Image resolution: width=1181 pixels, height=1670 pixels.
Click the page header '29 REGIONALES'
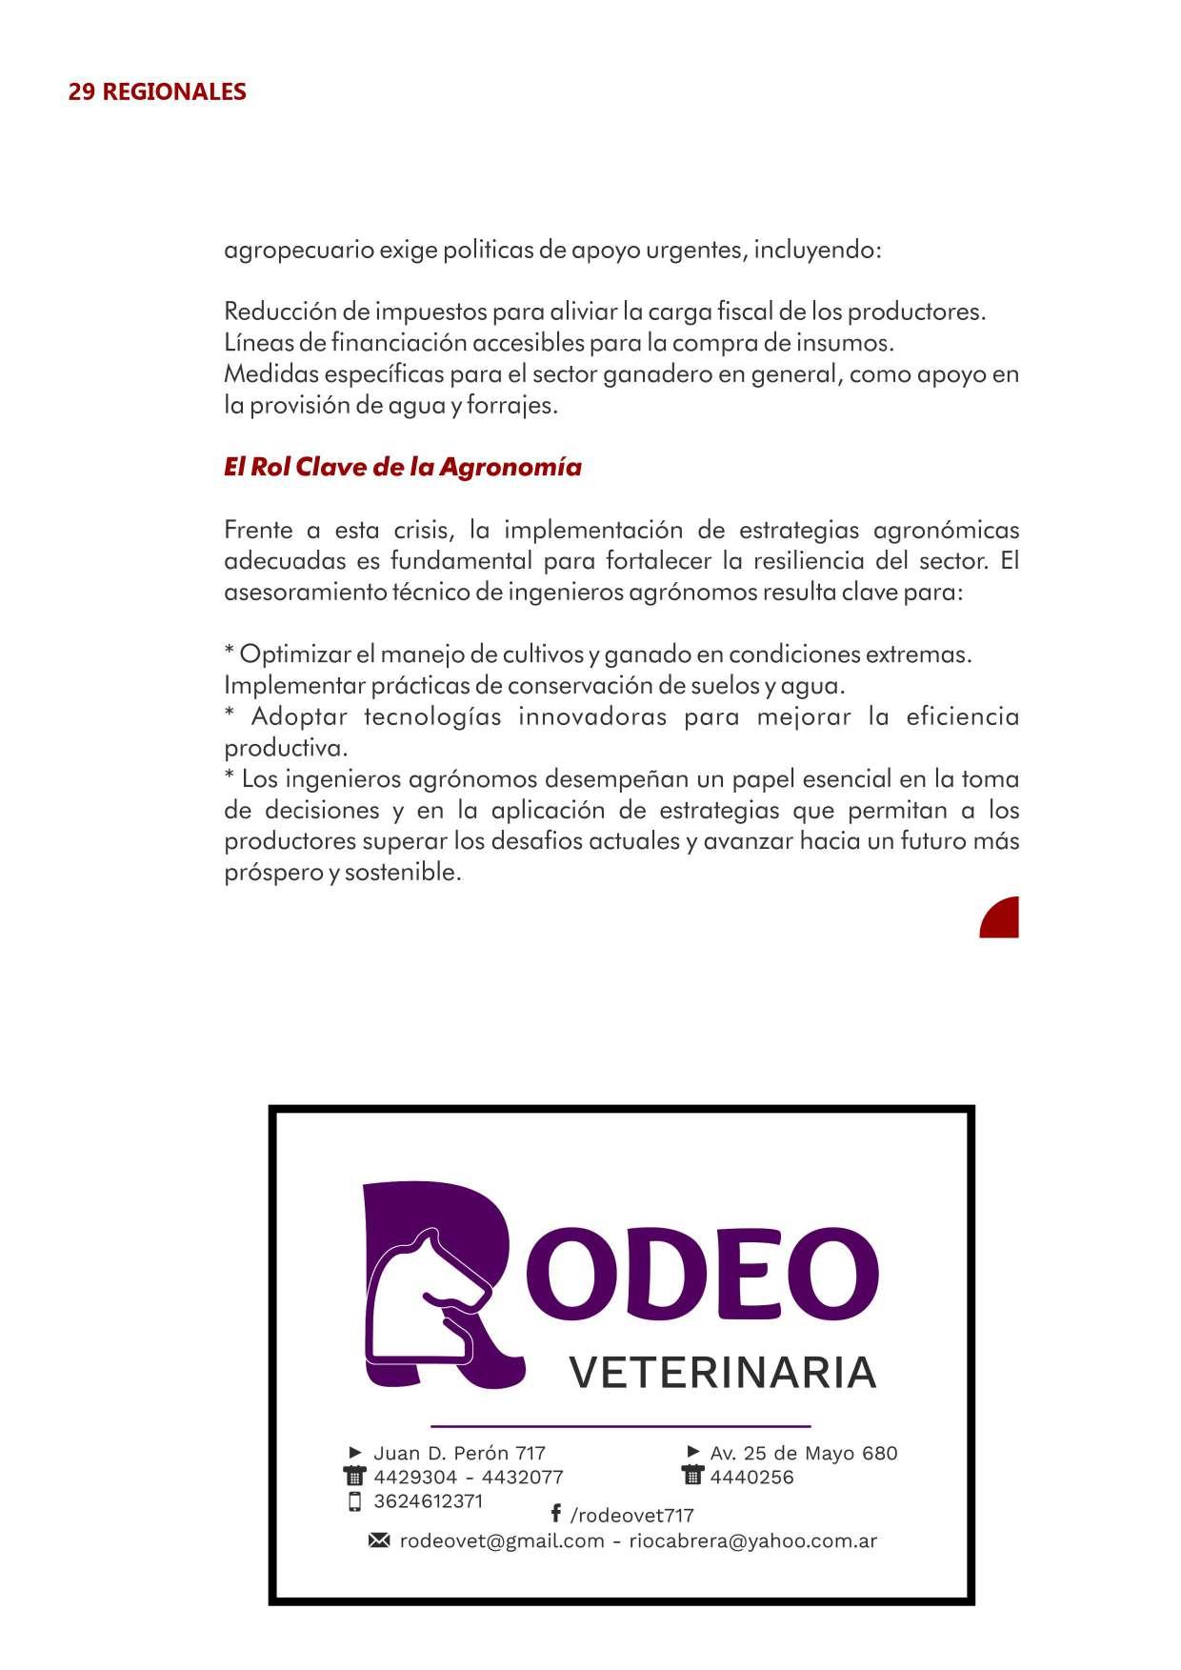157,91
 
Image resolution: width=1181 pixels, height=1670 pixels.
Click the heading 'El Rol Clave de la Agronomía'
402,468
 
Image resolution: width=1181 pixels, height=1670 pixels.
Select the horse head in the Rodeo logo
429,1296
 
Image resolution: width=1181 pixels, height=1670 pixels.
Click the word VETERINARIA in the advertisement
722,1373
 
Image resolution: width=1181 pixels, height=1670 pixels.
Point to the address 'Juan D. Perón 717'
459,1453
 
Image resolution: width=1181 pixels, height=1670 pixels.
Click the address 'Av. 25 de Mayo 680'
803,1453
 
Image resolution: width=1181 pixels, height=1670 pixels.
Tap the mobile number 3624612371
428,1501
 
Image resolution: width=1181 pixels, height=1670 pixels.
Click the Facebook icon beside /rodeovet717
555,1513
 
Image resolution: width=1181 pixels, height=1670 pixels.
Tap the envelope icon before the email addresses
379,1540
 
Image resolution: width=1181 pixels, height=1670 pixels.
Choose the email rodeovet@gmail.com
502,1541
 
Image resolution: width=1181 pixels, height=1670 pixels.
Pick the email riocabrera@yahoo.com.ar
752,1541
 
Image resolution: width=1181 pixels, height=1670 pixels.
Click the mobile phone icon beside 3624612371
355,1502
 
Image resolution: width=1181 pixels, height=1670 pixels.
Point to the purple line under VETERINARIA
620,1426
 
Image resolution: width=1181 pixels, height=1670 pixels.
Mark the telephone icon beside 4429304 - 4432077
354,1478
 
